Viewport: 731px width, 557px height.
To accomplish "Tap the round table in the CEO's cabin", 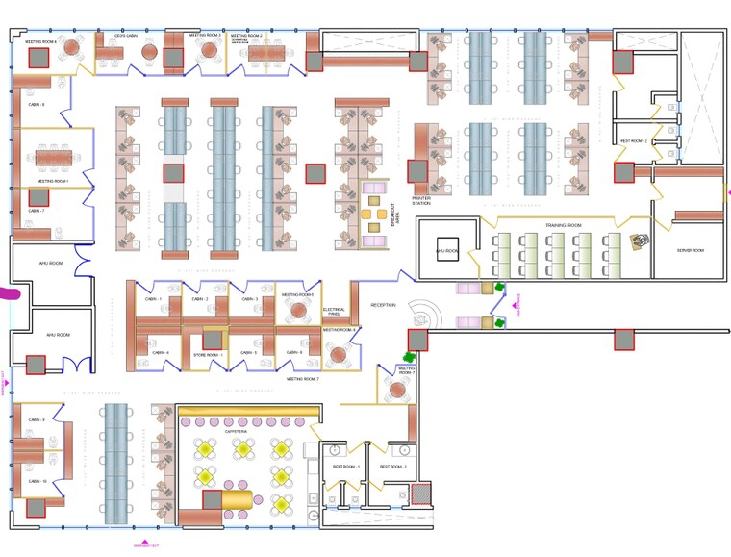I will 149,51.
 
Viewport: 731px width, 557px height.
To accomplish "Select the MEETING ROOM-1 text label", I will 53,181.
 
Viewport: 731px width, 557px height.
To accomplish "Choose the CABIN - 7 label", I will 37,211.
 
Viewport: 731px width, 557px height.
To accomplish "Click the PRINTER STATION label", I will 420,201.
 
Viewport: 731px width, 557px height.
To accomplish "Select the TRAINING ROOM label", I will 565,225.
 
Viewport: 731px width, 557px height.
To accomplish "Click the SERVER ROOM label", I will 691,251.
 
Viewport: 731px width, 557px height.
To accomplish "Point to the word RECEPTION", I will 384,306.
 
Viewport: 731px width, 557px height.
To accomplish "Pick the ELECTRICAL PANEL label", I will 335,312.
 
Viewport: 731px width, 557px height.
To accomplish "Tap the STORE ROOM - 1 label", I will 208,355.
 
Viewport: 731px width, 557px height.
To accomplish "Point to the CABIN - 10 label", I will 38,481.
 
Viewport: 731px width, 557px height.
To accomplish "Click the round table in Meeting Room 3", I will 211,52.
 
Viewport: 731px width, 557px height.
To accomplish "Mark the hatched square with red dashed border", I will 420,494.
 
